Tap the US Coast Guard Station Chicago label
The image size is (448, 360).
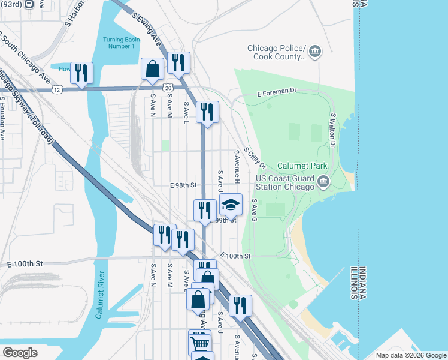point(285,182)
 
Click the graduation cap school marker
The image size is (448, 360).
point(231,205)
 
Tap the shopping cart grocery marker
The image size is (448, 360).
point(199,342)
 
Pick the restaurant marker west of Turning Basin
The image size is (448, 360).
point(80,73)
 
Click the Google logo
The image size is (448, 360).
point(20,353)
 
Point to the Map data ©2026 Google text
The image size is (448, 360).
point(410,355)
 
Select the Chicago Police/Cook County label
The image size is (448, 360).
point(277,53)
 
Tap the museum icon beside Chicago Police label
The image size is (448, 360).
point(316,53)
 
